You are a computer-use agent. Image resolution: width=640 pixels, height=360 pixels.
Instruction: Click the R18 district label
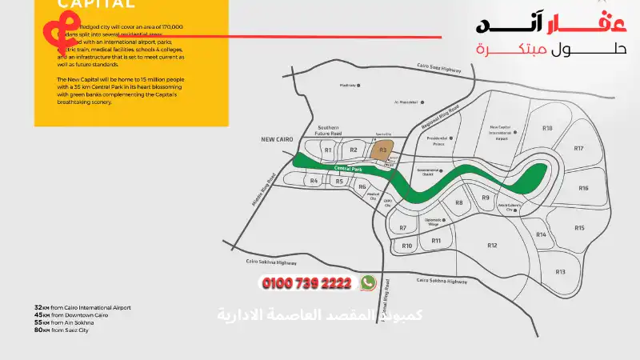tap(547, 128)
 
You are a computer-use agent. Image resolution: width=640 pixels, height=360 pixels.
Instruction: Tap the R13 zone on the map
tap(560, 272)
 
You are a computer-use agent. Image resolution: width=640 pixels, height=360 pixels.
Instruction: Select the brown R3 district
tap(383, 150)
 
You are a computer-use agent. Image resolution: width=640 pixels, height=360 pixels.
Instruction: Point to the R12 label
tap(492, 245)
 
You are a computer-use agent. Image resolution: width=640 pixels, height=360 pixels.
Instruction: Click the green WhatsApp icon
tap(368, 282)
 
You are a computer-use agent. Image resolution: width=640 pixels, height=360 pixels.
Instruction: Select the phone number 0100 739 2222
tap(307, 283)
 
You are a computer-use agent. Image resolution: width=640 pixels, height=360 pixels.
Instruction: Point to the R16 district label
tap(583, 188)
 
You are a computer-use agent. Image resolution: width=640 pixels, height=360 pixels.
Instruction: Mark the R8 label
tap(458, 203)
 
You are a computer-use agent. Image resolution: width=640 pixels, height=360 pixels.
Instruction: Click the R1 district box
tap(327, 150)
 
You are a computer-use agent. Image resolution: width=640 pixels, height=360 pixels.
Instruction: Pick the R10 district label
tap(406, 246)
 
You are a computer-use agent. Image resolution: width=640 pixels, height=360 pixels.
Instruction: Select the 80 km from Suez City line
tap(62, 330)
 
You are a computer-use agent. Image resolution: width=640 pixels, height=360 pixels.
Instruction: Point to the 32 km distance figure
tap(38, 307)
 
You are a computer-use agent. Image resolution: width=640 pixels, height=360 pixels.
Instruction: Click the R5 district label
tap(339, 182)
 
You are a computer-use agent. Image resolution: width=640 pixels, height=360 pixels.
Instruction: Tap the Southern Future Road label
tap(328, 130)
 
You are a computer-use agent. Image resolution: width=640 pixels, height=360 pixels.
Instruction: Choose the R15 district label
tap(579, 228)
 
